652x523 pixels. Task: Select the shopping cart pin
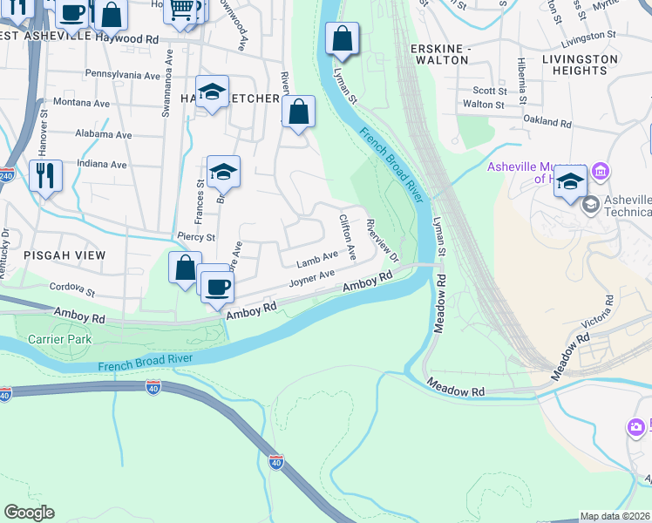click(180, 10)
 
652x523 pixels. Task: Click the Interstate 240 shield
click(6, 173)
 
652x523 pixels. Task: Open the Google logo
click(29, 513)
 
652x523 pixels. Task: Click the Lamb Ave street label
click(316, 259)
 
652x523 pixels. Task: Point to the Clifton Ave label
click(348, 237)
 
